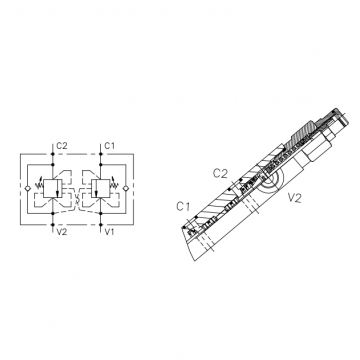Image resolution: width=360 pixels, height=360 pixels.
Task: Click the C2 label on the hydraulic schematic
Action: click(x=62, y=146)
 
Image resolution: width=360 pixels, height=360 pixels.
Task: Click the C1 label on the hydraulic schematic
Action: click(x=110, y=146)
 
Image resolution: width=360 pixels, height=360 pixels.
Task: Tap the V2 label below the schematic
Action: click(x=62, y=232)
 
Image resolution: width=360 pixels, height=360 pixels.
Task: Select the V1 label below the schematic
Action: click(x=109, y=232)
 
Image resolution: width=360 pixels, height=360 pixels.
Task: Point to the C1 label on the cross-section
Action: click(x=183, y=207)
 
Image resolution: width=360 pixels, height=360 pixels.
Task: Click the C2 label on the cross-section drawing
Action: click(x=220, y=174)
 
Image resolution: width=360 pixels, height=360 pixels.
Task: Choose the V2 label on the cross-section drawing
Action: click(x=295, y=198)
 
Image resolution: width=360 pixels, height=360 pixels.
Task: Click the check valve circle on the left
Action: click(x=27, y=189)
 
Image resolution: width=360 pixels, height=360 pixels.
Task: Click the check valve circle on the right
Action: click(x=126, y=189)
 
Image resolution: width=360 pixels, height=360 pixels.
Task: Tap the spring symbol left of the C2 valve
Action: click(x=39, y=183)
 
